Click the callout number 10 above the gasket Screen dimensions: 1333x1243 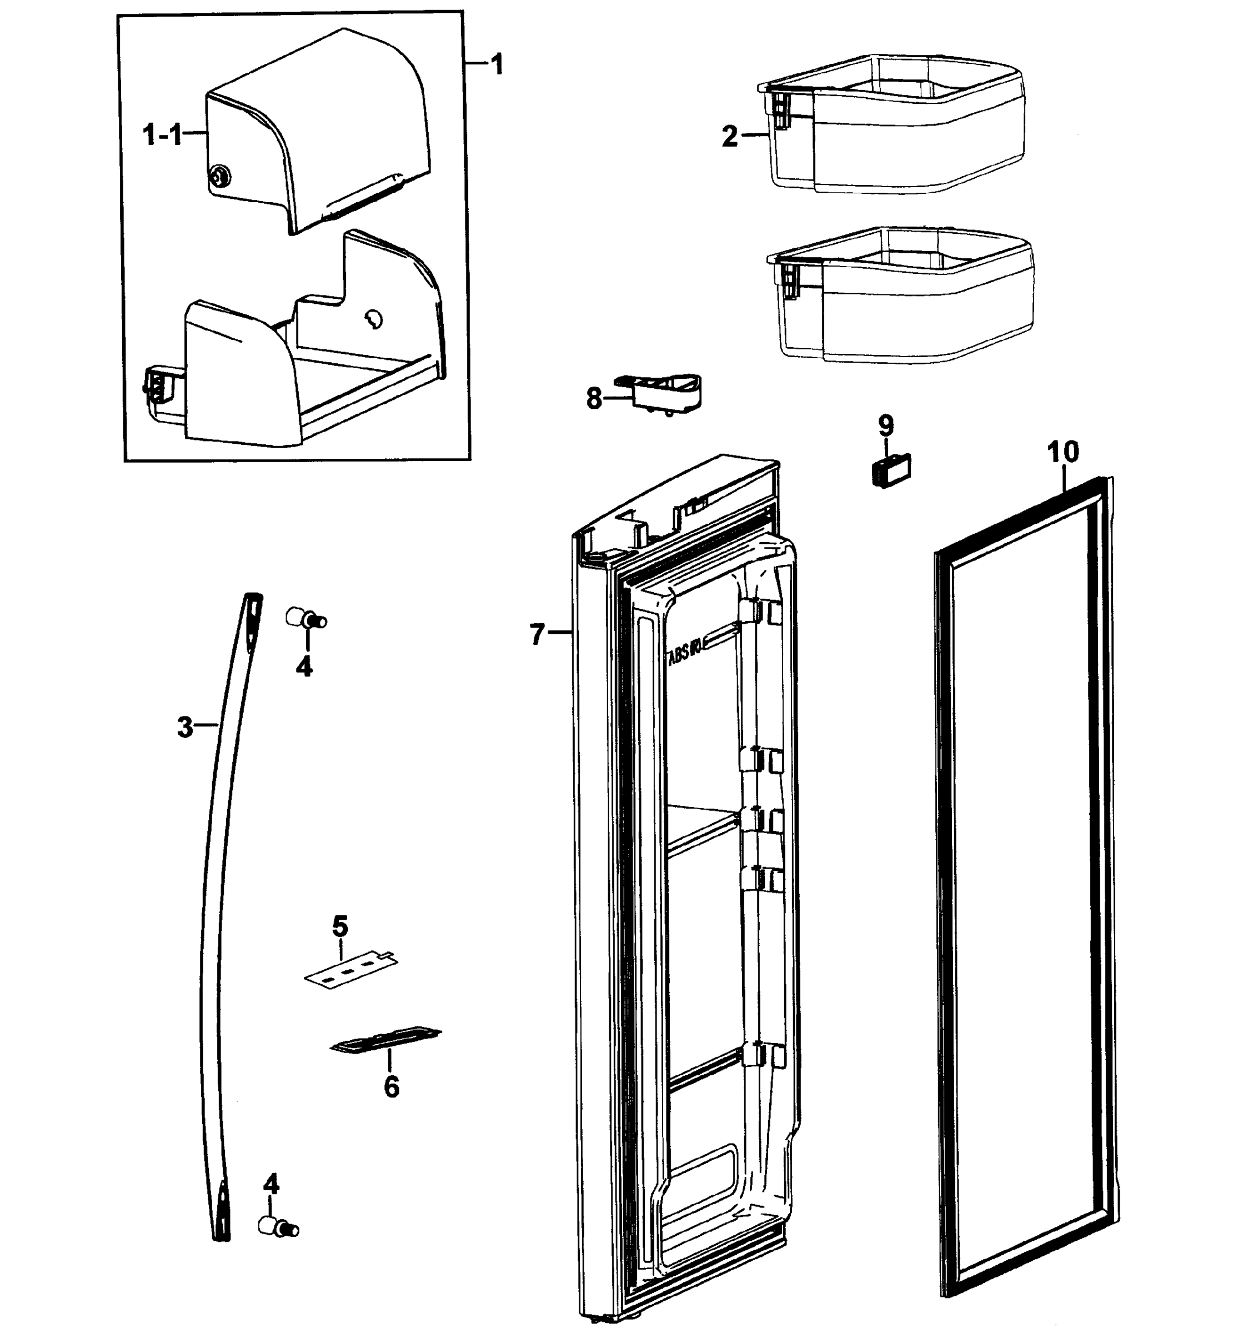coord(1063,452)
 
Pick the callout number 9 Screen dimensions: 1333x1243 coord(886,424)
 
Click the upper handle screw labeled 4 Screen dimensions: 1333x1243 coord(305,618)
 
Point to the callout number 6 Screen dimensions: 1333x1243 coord(391,1086)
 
